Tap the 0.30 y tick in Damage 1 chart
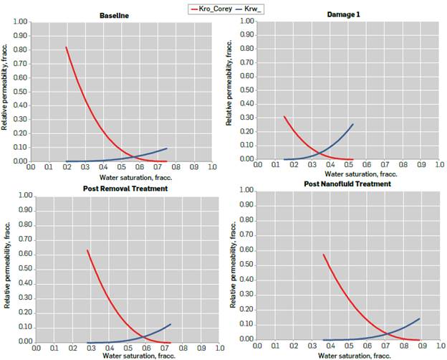[x=246, y=118]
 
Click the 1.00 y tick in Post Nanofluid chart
[x=245, y=191]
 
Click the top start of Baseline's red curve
[x=66, y=47]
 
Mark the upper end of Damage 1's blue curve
[x=353, y=124]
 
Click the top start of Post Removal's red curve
[x=87, y=250]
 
